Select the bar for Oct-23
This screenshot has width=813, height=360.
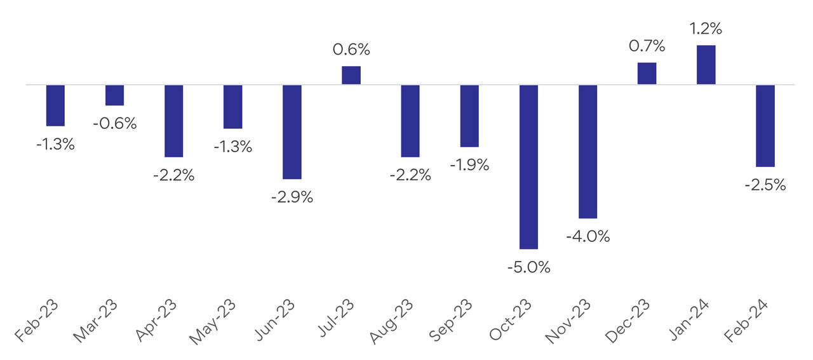click(528, 166)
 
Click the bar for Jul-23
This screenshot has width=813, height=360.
click(351, 75)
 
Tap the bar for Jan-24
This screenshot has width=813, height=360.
click(706, 65)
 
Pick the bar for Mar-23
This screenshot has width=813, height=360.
click(115, 95)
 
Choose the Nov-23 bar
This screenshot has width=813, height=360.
click(588, 151)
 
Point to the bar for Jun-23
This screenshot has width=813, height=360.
click(292, 131)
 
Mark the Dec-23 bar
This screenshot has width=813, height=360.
click(647, 73)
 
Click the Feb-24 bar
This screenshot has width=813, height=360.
click(765, 125)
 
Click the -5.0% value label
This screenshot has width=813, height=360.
click(528, 267)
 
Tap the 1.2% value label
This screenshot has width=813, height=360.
click(706, 29)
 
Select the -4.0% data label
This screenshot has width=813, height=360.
click(588, 237)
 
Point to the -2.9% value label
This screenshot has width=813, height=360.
click(292, 197)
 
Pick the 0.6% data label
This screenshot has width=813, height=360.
click(351, 50)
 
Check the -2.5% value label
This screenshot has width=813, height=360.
click(765, 185)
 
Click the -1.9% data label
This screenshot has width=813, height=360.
click(469, 165)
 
